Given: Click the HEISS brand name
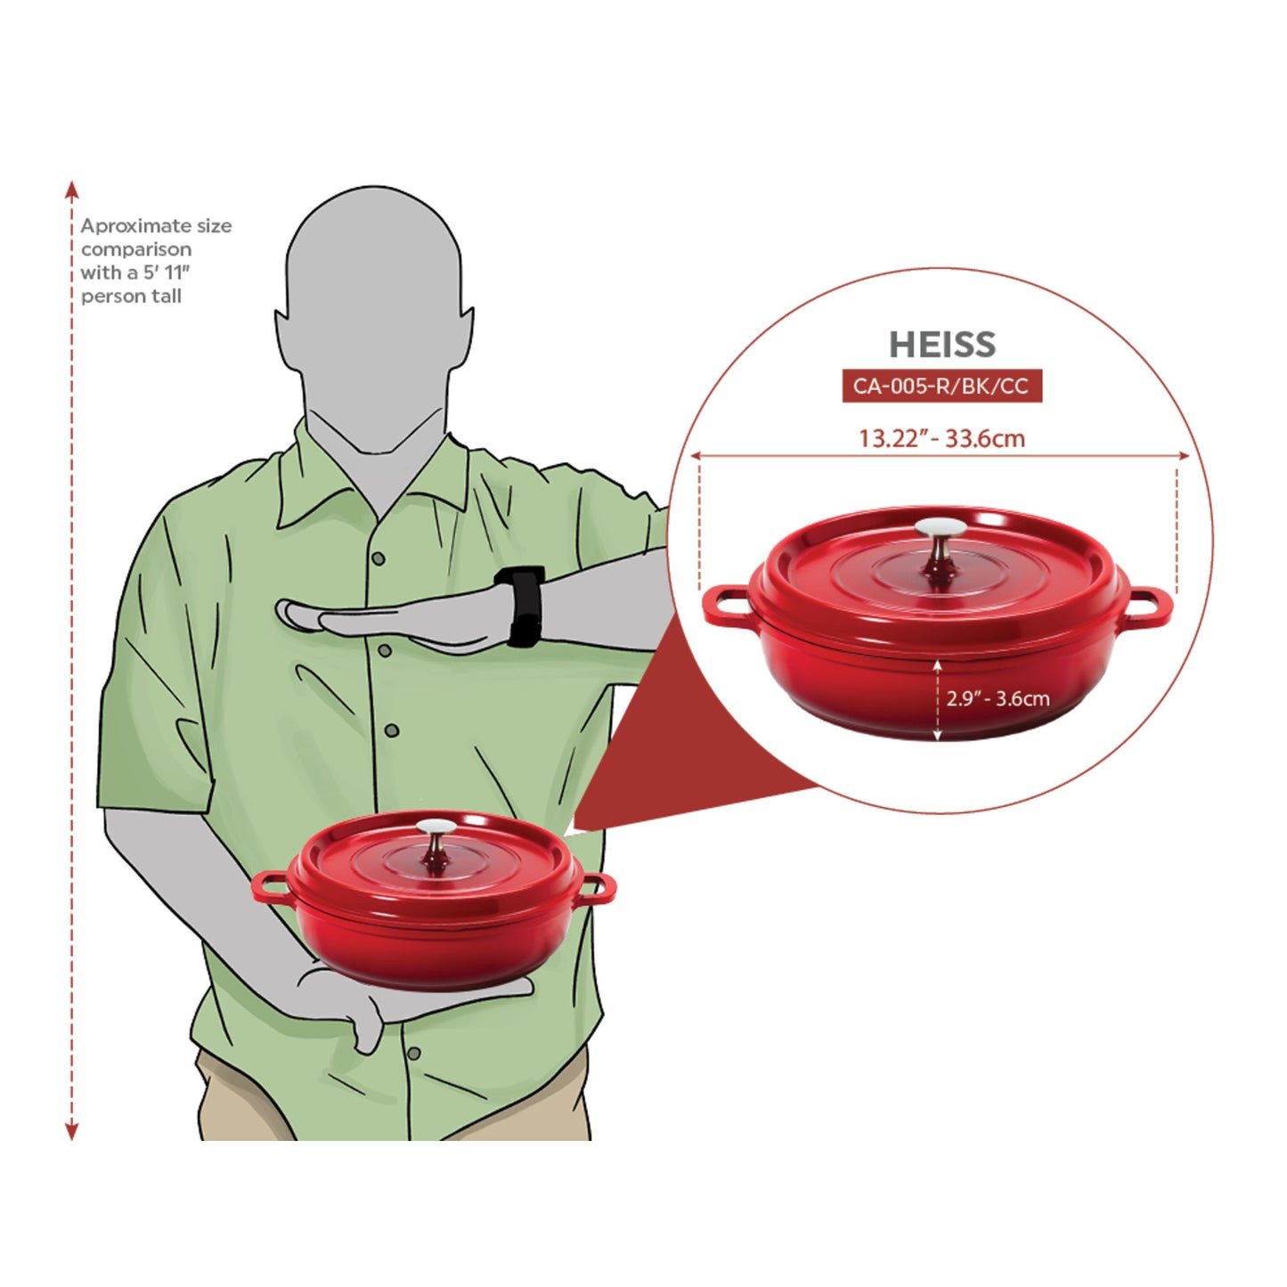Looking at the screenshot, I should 941,345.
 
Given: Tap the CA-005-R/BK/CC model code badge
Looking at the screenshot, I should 941,387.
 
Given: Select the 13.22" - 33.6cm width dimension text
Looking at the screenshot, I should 941,438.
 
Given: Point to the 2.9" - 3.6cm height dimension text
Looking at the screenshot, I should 998,698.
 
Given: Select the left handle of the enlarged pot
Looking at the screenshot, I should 727,606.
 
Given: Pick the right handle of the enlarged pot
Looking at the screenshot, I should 1151,606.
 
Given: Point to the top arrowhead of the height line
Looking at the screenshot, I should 72,188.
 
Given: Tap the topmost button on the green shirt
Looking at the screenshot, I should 379,558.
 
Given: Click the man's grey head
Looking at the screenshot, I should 374,312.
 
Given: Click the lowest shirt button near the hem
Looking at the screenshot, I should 413,1054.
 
